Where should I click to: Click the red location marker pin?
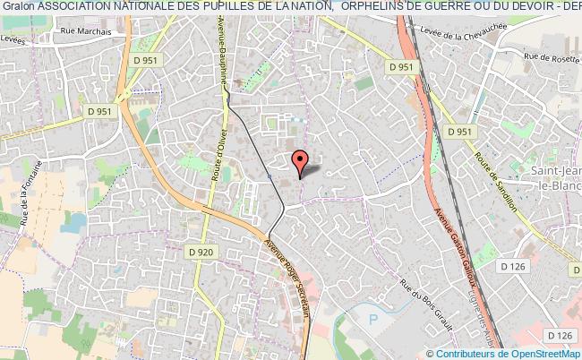[302, 159]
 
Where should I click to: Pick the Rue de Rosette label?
[552, 58]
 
